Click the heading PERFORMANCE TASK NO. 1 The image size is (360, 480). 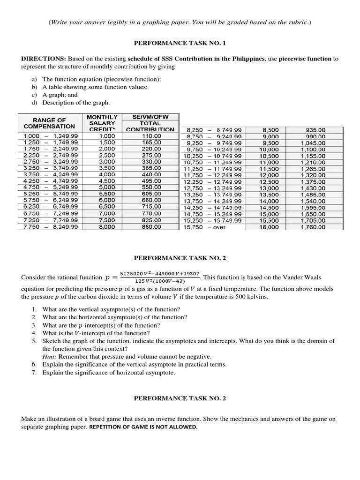coord(180,43)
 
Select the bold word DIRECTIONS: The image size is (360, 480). coord(44,59)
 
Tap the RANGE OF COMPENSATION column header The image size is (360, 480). coord(49,123)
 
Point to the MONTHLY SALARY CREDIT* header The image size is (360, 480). coord(102,123)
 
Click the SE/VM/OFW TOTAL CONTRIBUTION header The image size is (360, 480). coord(150,123)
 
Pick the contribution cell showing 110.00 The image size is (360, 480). coord(151,136)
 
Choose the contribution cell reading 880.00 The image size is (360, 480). coord(151,227)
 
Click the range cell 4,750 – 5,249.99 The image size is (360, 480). coord(51,188)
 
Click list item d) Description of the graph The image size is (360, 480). coord(70,103)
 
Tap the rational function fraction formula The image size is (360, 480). coord(160,277)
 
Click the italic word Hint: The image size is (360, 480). coord(50,356)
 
